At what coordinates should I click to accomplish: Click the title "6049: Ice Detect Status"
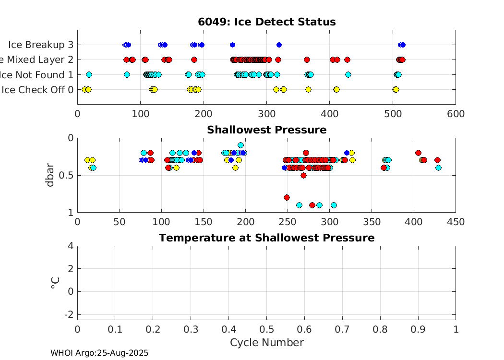point(266,22)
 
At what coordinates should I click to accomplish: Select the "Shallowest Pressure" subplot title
point(266,130)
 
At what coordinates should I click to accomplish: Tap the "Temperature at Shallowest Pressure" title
point(266,238)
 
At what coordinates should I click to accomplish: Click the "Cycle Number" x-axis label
point(266,342)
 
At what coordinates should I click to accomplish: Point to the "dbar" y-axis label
point(50,175)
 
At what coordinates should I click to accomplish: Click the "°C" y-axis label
point(54,283)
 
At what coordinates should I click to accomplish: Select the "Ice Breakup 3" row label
point(41,45)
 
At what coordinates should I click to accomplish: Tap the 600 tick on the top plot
point(455,114)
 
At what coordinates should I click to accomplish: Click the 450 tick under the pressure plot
point(455,222)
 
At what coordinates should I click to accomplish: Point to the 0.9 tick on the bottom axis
point(418,330)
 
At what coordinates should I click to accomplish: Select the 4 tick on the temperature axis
point(71,246)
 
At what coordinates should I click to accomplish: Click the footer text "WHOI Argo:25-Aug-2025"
point(99,353)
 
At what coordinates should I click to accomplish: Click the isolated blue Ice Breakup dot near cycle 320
point(279,45)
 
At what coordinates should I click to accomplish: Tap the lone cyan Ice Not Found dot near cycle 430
point(348,74)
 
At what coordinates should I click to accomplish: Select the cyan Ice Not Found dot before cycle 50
point(89,74)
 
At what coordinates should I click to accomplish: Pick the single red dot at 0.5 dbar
point(303,175)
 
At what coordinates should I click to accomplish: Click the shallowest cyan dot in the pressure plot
point(240,145)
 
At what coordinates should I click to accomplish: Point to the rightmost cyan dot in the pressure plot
point(438,168)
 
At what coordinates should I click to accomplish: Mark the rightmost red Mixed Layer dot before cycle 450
point(347,60)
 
